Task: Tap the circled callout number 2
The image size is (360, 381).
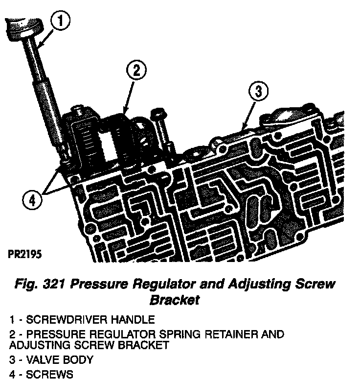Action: (x=136, y=71)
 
